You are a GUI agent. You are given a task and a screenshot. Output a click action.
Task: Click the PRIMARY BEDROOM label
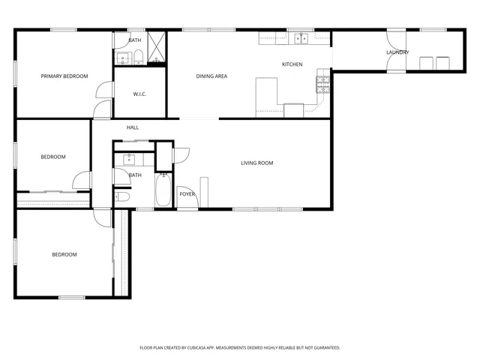[64, 76]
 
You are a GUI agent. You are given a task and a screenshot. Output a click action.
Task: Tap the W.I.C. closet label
[139, 94]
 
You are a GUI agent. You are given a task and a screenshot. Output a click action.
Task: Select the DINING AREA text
[211, 76]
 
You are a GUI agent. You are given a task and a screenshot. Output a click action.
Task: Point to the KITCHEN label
[292, 64]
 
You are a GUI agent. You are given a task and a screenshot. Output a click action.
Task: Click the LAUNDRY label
[397, 52]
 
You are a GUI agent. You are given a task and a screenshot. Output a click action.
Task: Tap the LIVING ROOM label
[256, 163]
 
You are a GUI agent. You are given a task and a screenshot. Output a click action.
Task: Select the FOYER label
[187, 194]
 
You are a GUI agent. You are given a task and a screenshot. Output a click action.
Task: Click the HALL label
[133, 127]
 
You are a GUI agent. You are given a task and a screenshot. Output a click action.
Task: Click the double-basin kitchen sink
[301, 38]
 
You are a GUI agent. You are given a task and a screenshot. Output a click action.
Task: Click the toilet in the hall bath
[123, 197]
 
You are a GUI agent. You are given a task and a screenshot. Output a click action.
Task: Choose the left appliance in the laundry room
[427, 63]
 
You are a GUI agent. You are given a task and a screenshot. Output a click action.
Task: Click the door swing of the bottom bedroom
[100, 216]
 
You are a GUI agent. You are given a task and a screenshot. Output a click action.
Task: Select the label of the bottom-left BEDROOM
[64, 254]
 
